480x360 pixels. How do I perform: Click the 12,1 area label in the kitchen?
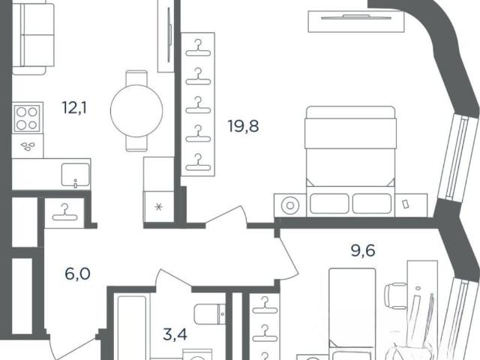coord(74,108)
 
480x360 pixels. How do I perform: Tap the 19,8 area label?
coord(243,126)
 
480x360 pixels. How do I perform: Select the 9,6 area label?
coord(363,250)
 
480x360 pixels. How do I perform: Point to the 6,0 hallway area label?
coord(77,274)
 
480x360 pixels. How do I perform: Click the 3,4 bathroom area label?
coord(175,334)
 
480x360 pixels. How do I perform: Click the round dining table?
coord(136,111)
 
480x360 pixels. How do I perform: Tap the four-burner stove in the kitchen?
coord(27,118)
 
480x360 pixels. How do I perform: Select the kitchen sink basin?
coord(75,175)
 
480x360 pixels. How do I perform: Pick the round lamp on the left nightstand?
coord(290,205)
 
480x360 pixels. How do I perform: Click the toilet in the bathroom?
coord(210,313)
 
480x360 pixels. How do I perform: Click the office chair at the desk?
coord(395,296)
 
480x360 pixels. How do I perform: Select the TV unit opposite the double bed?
coord(356,22)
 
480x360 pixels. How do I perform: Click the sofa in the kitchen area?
coord(33,38)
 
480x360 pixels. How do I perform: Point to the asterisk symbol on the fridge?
coord(158,207)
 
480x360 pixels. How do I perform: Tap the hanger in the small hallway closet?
coord(64,212)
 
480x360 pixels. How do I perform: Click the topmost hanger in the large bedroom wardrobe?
coord(198,48)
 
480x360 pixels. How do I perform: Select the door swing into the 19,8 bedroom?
coord(226,217)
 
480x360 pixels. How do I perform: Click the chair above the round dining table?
coord(136,78)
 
